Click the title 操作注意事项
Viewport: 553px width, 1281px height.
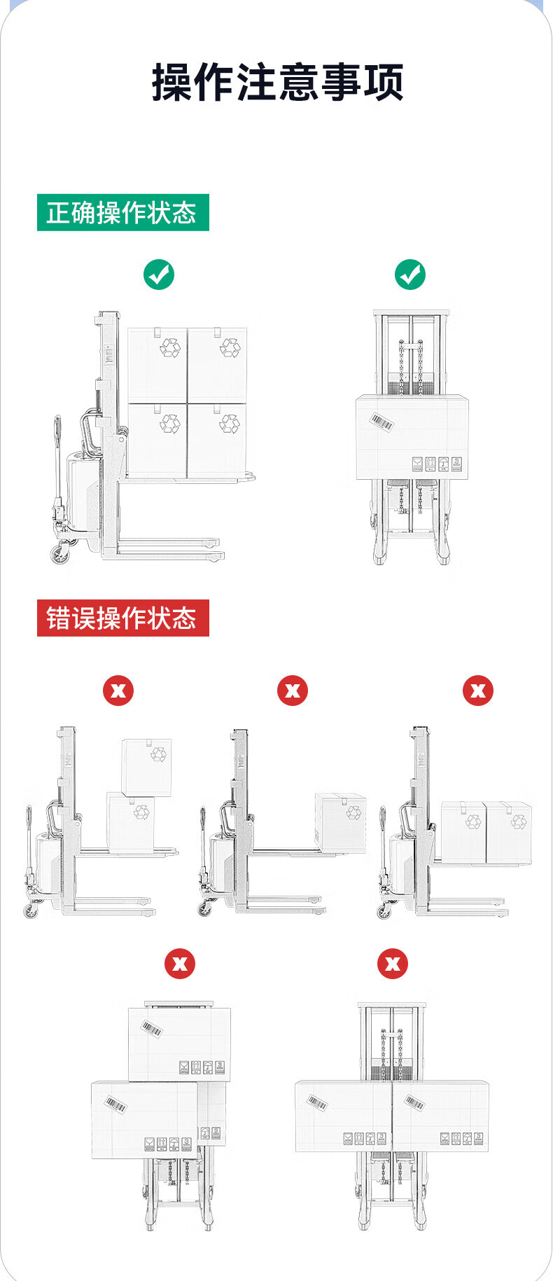coord(277,83)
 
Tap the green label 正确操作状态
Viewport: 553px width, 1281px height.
coord(122,212)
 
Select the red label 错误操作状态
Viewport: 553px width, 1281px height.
coord(122,618)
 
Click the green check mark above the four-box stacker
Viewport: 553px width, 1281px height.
coord(159,275)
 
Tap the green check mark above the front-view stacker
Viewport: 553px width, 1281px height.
coord(409,275)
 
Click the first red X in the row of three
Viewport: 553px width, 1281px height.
coord(118,691)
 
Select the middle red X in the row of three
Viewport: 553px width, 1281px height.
coord(293,691)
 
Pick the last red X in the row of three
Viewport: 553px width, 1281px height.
coord(478,691)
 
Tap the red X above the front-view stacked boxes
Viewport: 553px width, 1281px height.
coord(180,964)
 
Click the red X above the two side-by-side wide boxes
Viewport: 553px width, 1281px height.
coord(393,964)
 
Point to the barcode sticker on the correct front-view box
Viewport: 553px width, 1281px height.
coord(381,422)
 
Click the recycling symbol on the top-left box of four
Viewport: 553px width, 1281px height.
coord(170,347)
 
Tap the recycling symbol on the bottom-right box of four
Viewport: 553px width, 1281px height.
coord(230,422)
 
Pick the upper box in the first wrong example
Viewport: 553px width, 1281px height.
coord(146,767)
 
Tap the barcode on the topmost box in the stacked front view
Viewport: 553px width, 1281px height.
coord(152,1028)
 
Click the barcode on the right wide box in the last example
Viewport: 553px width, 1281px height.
coord(414,1103)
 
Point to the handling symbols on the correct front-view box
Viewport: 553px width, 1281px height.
coord(437,464)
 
